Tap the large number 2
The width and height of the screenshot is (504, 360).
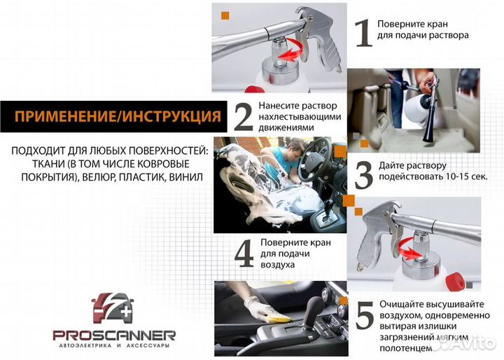pyautogui.click(x=243, y=117)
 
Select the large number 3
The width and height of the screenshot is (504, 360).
pyautogui.click(x=363, y=175)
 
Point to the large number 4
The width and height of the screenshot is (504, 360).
pyautogui.click(x=243, y=254)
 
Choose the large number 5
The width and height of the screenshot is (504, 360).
pyautogui.click(x=363, y=318)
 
